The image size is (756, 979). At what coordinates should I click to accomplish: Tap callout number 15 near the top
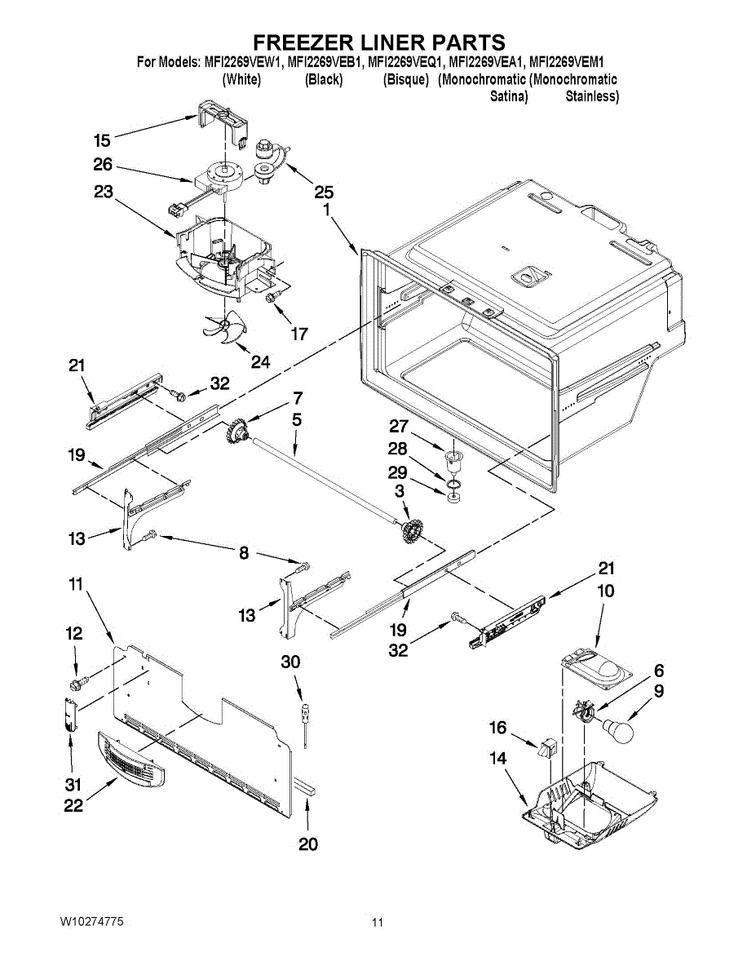pyautogui.click(x=101, y=140)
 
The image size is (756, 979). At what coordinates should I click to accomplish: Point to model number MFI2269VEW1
pyautogui.click(x=241, y=61)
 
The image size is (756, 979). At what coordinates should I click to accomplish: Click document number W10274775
pyautogui.click(x=91, y=921)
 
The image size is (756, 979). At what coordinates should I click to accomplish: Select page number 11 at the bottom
pyautogui.click(x=377, y=923)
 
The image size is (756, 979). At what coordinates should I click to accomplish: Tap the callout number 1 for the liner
pyautogui.click(x=326, y=210)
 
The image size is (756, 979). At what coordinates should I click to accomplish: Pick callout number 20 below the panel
pyautogui.click(x=307, y=844)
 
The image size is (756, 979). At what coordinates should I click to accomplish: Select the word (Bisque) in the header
pyautogui.click(x=405, y=79)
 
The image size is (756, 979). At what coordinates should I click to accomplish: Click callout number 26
pyautogui.click(x=102, y=164)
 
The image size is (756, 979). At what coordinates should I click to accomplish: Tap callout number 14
pyautogui.click(x=497, y=758)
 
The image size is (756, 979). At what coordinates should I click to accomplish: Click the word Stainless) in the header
pyautogui.click(x=592, y=96)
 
